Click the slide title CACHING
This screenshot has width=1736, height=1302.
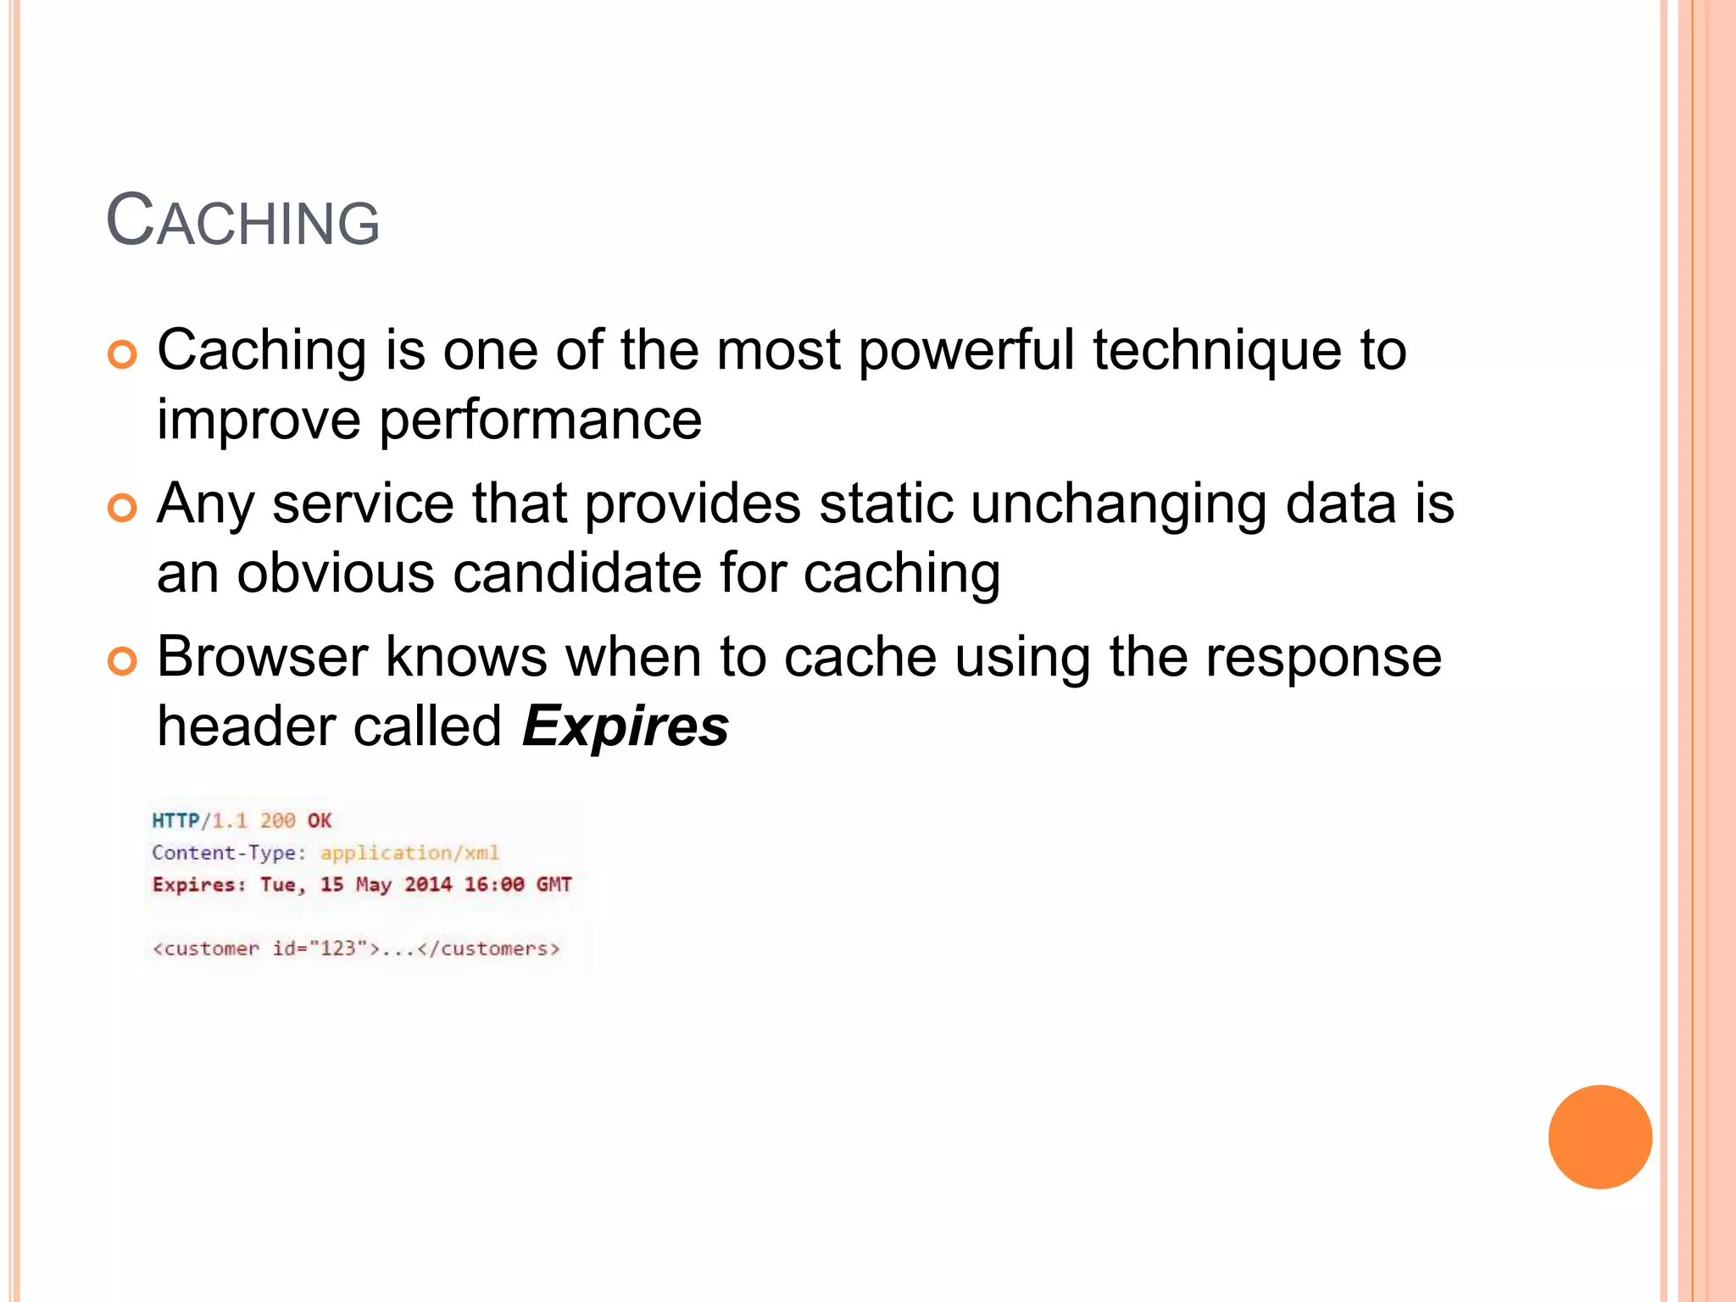(x=242, y=221)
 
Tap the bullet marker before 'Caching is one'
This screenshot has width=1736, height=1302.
(x=122, y=354)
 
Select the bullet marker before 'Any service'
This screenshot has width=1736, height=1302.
(x=122, y=508)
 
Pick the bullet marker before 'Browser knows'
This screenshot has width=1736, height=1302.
(x=122, y=661)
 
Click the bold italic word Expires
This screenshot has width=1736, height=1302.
(x=626, y=726)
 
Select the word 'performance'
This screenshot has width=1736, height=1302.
(x=540, y=420)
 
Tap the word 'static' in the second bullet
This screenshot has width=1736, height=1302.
(x=886, y=504)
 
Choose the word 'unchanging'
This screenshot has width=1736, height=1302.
(x=1119, y=504)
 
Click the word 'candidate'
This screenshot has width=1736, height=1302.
(x=577, y=573)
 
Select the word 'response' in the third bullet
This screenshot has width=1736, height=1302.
(x=1323, y=657)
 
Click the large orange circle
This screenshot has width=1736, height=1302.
(x=1600, y=1137)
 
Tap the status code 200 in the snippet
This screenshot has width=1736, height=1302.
(x=277, y=821)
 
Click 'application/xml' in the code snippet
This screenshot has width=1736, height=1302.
(x=409, y=853)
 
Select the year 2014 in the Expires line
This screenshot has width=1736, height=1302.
(x=428, y=885)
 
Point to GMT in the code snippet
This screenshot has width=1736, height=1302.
(x=554, y=885)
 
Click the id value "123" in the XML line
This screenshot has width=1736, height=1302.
(x=338, y=949)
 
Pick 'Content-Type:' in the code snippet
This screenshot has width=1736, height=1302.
(x=229, y=853)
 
